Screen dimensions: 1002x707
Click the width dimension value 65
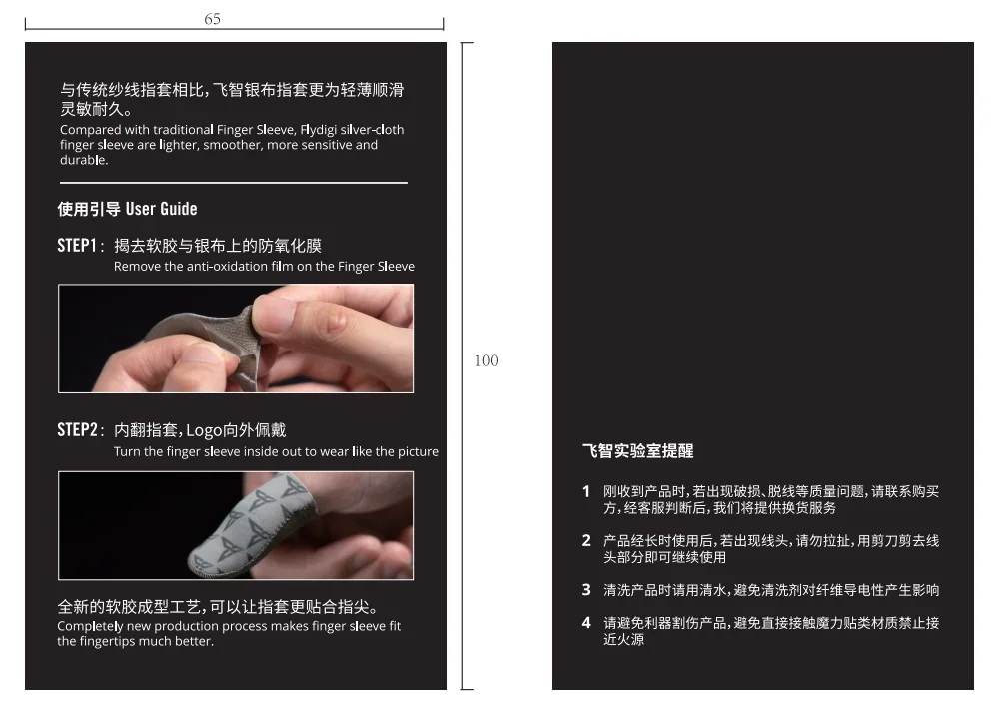[212, 19]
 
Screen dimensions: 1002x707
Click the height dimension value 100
[486, 360]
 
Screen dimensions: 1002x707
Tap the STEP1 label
[77, 246]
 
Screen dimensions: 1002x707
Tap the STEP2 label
[77, 429]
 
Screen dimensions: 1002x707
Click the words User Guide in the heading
[161, 209]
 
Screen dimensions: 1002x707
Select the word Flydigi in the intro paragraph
[319, 130]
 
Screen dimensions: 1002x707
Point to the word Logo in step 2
[204, 431]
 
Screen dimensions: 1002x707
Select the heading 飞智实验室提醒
[637, 451]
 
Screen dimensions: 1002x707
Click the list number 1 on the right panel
[586, 491]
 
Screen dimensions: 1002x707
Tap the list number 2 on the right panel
[586, 541]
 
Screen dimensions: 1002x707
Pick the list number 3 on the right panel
[586, 590]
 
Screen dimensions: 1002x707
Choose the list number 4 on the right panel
[586, 623]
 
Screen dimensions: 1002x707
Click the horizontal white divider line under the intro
[233, 183]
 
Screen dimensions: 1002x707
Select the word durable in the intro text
[83, 160]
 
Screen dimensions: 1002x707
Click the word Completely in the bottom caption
[90, 626]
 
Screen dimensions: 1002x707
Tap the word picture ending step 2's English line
[417, 452]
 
